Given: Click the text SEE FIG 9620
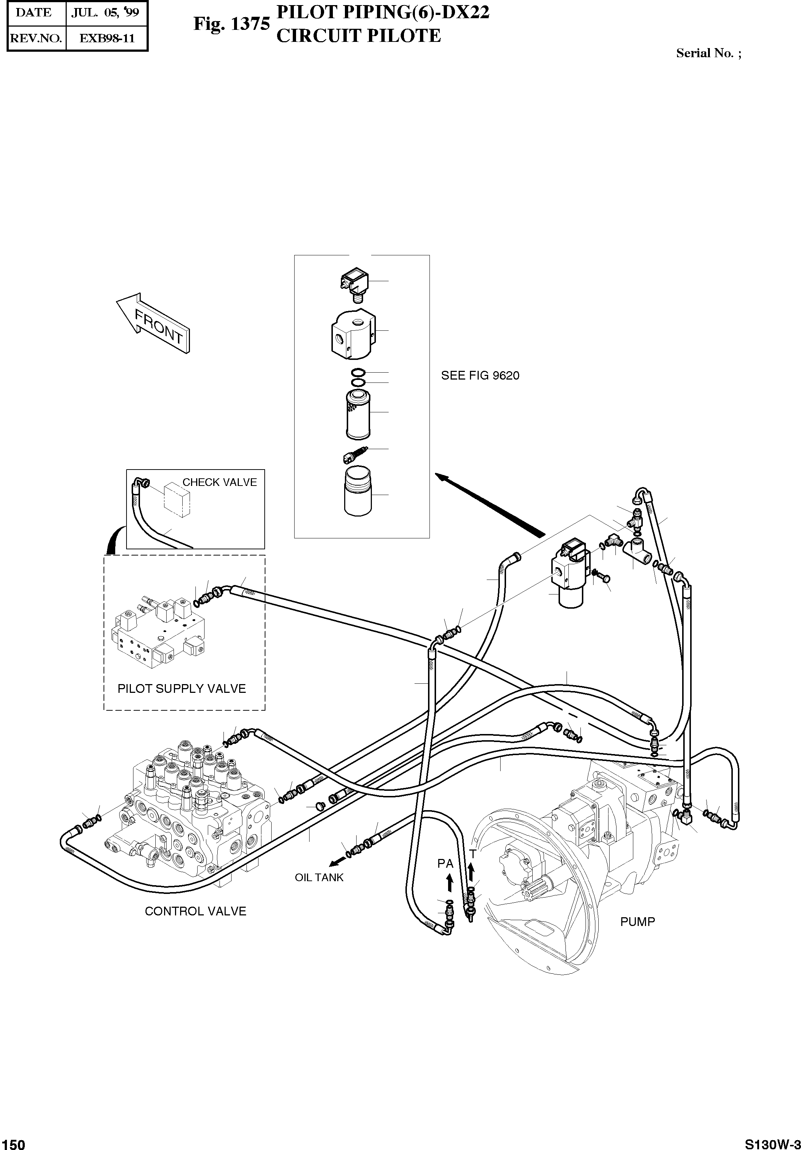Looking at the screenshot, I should pos(480,376).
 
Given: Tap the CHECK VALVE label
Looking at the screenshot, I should pos(219,482).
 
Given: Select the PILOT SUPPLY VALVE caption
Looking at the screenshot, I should pos(182,689).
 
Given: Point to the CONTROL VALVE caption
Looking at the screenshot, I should pos(195,911).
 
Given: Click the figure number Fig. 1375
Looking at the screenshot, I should pos(232,24).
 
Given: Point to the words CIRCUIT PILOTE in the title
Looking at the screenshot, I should pos(358,36).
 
